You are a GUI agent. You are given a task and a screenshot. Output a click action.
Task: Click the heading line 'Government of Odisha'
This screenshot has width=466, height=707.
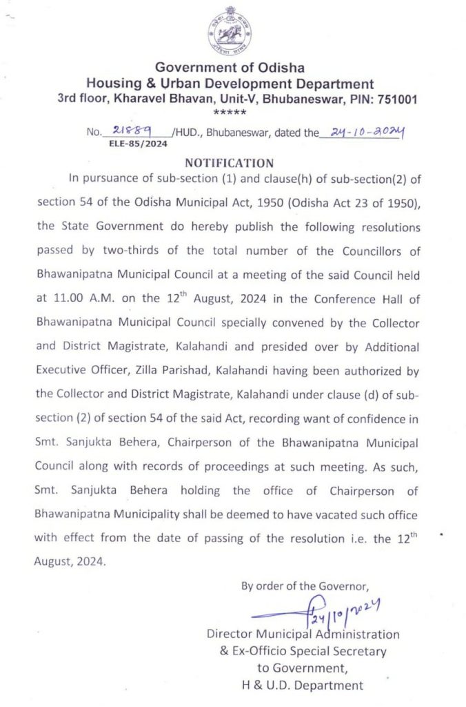[230, 68]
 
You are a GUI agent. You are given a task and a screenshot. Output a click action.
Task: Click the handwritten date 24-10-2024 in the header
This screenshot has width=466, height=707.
[361, 130]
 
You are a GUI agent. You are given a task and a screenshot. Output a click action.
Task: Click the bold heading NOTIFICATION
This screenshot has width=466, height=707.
[230, 163]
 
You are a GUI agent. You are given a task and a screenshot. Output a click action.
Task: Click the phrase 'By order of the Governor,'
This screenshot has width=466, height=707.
[300, 586]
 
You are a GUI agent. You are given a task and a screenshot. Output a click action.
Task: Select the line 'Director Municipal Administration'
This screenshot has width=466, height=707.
[303, 634]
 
